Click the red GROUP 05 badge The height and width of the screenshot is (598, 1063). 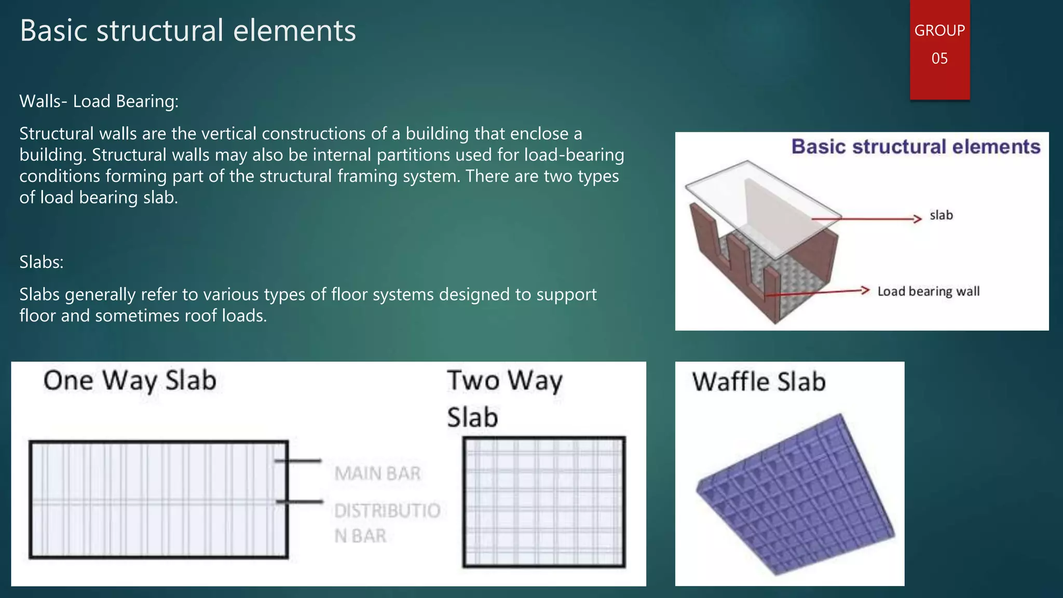coord(939,49)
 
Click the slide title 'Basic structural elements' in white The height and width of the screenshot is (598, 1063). coord(188,31)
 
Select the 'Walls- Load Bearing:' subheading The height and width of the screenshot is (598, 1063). coord(99,101)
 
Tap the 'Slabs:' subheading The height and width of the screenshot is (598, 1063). coord(42,262)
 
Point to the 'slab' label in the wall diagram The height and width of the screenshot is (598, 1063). coord(941,215)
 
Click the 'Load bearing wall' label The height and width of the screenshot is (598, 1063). coord(929,292)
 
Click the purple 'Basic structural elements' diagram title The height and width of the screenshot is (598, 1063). coord(916,147)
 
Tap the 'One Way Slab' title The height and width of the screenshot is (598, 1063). coord(130,380)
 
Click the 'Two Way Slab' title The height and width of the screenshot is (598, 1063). coord(505,398)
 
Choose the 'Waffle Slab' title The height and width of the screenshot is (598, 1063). coord(758,382)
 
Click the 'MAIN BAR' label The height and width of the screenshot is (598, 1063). coord(377,473)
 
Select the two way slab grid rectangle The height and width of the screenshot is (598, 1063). coord(544,502)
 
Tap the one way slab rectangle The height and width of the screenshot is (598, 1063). coord(158,499)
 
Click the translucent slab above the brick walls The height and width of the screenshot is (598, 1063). coord(763,208)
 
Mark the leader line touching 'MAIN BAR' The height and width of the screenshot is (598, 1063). coord(298,460)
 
